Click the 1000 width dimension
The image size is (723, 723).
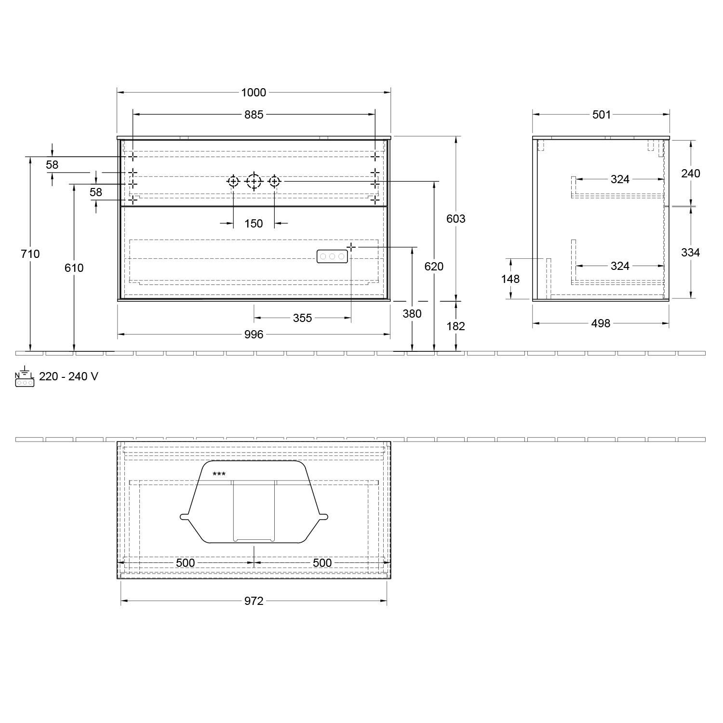[x=254, y=92]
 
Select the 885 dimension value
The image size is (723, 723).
[x=254, y=114]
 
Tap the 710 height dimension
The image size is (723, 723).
[x=30, y=254]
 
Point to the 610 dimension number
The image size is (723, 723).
[x=74, y=268]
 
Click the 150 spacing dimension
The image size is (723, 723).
[x=254, y=223]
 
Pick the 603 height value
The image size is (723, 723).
[x=456, y=219]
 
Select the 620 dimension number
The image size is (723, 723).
[x=434, y=266]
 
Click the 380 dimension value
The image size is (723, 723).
[x=412, y=314]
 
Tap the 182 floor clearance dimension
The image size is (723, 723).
[x=456, y=326]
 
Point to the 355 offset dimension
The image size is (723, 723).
[x=303, y=318]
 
